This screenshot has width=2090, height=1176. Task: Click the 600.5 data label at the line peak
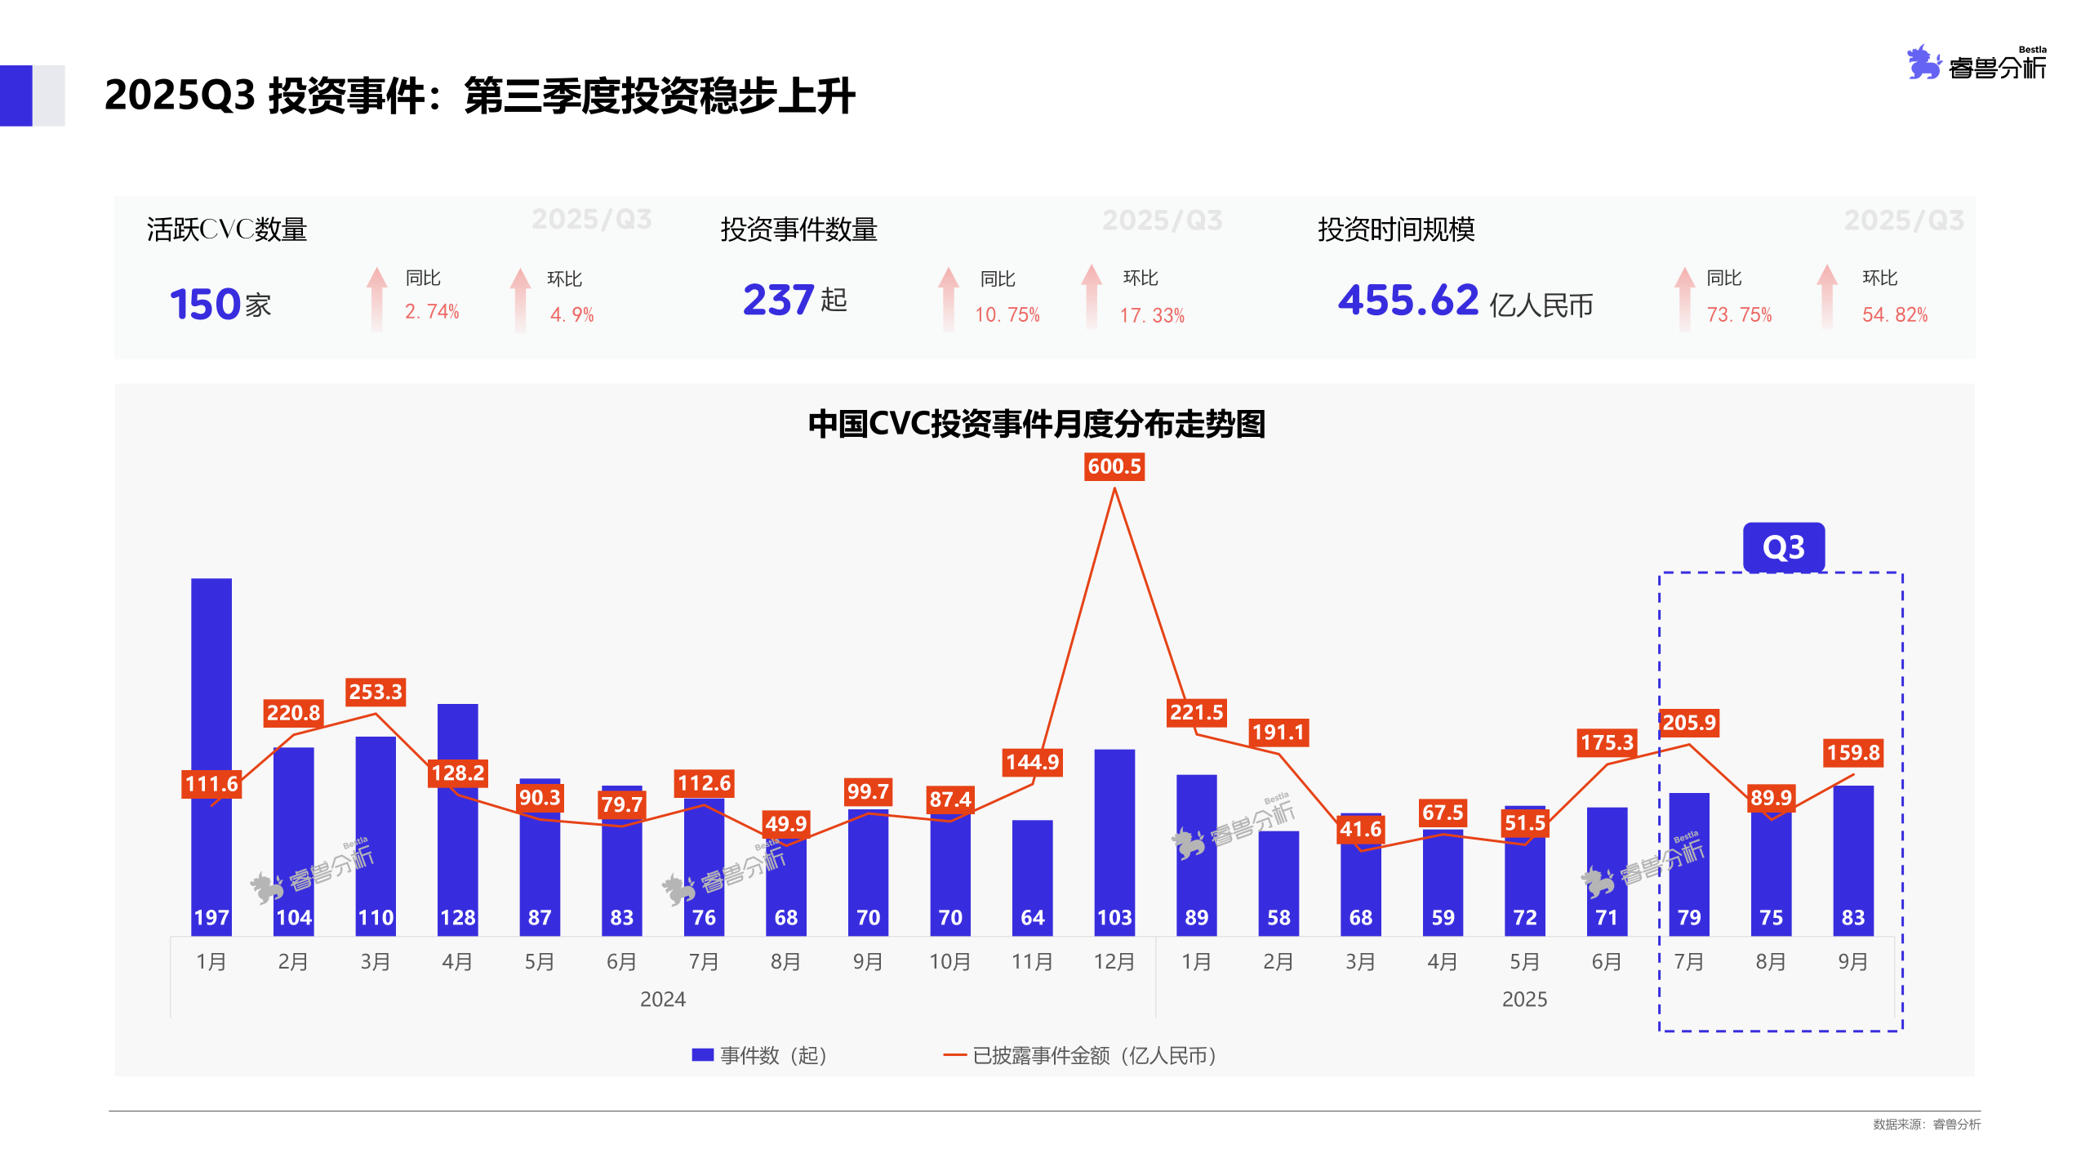(x=1114, y=466)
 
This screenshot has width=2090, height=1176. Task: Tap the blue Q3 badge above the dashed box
(x=1783, y=547)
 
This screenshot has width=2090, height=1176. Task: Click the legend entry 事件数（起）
(x=760, y=1055)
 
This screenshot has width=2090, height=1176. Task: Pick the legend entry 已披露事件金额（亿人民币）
(x=1082, y=1055)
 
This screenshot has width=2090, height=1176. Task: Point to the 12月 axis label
(x=1114, y=961)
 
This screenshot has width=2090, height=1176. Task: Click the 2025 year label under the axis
(x=1524, y=999)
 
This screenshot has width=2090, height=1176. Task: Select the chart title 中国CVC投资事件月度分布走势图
(x=1036, y=424)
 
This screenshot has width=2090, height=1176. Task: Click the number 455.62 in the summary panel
(x=1407, y=300)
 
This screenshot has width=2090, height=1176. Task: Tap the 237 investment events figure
(x=778, y=300)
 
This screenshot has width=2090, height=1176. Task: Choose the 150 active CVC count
(x=204, y=304)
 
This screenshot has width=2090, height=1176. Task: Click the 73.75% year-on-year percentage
(x=1739, y=314)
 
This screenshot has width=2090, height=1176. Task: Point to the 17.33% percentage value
(x=1151, y=315)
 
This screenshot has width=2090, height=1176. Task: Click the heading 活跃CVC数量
(x=227, y=229)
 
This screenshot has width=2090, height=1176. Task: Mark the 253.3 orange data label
(x=376, y=692)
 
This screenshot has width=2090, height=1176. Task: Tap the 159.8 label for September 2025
(x=1852, y=752)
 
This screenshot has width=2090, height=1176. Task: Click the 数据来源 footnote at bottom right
(x=1926, y=1125)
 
